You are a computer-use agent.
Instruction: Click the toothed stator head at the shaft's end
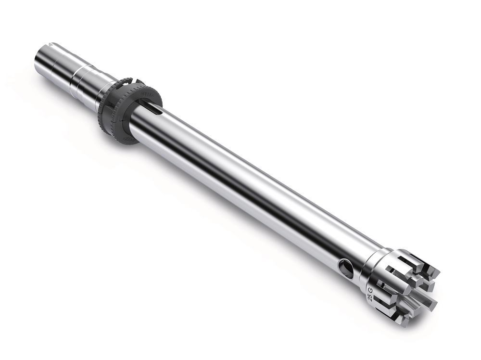coord(404,289)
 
